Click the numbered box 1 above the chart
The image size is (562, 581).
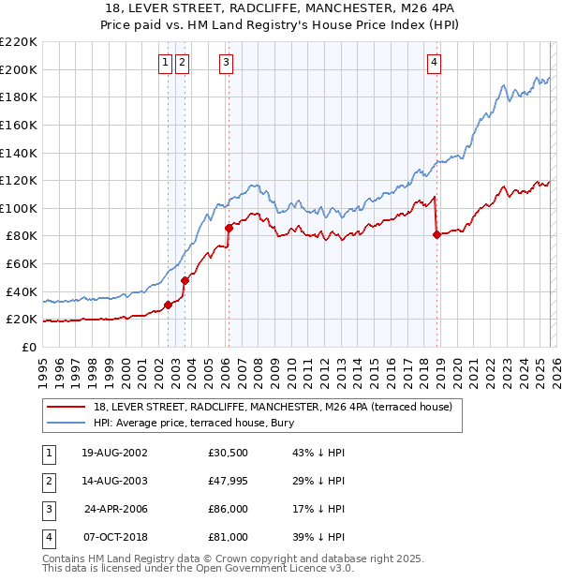coord(165,63)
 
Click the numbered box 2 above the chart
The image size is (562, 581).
coord(181,63)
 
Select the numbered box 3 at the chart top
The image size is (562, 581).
coord(227,63)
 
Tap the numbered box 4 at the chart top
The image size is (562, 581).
coord(435,63)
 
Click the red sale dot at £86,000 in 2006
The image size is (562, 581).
coord(229,227)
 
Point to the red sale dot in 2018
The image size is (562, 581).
coord(436,234)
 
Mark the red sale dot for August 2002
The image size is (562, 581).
coord(169,305)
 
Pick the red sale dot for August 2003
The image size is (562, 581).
coord(185,280)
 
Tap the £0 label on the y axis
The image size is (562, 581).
coord(28,347)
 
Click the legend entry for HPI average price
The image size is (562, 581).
coord(194,423)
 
